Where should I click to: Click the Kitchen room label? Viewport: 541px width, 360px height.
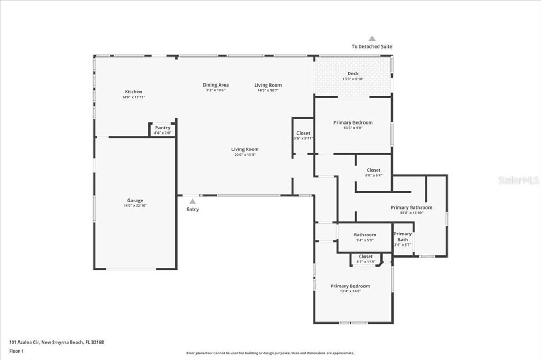(x=133, y=92)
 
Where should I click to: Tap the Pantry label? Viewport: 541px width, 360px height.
(x=162, y=128)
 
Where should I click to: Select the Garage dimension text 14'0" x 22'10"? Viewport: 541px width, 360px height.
(x=135, y=205)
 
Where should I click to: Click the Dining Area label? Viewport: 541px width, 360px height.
(x=216, y=85)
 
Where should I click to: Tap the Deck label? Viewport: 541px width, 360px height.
(x=353, y=74)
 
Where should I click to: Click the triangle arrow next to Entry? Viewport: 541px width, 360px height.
(x=193, y=201)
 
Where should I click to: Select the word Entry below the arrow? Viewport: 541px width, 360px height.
(x=193, y=209)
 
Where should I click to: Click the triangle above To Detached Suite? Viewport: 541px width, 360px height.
(x=372, y=39)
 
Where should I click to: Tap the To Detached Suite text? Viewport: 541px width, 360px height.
(x=372, y=46)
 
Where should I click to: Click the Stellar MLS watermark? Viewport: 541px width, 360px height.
(x=518, y=181)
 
